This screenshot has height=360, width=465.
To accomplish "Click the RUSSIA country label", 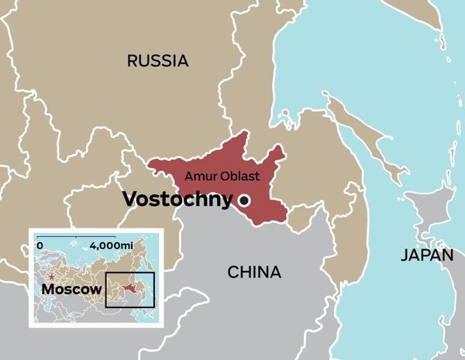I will [158, 61].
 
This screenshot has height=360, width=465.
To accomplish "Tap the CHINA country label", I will [254, 272].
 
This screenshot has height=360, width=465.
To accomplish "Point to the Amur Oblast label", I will [222, 177].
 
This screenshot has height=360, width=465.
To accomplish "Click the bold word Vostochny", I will [177, 200].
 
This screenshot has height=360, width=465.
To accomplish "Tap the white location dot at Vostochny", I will [244, 201].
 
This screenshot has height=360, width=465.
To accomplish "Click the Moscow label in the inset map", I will [72, 289].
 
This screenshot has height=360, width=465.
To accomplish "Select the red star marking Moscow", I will [51, 276].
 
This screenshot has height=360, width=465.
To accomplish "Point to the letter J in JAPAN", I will [404, 255].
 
